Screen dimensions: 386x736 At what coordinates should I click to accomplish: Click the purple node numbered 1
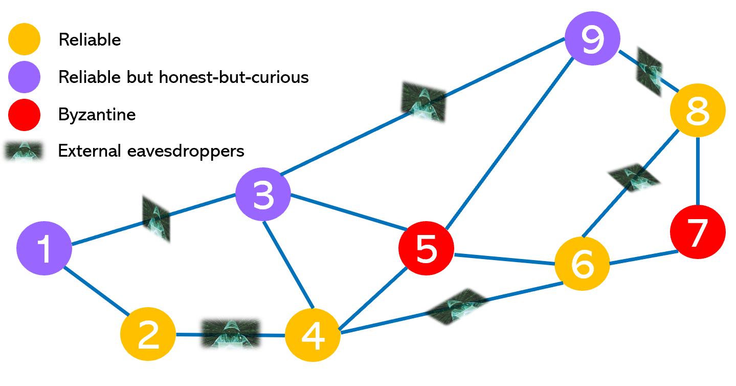[44, 248]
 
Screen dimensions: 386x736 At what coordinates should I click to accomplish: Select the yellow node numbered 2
[148, 334]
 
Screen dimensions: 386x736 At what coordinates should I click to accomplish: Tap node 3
[263, 194]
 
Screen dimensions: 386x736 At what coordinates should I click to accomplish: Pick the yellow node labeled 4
[313, 335]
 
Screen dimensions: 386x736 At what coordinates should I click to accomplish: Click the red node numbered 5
[426, 248]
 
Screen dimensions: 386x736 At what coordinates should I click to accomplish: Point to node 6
[582, 264]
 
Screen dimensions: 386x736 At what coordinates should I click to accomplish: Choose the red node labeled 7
[698, 231]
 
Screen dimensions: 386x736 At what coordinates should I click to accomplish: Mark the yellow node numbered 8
[698, 110]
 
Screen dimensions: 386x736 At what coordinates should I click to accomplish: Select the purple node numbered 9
[592, 38]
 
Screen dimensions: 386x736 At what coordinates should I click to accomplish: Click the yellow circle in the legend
[24, 39]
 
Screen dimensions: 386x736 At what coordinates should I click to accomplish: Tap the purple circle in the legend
[24, 77]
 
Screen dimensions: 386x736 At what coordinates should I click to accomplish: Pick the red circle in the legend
[24, 115]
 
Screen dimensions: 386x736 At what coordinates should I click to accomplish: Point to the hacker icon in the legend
[24, 152]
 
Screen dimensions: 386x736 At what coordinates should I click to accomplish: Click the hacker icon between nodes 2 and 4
[231, 334]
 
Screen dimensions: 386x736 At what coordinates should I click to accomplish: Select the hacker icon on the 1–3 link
[156, 220]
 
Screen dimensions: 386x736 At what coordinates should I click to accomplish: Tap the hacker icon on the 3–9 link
[424, 101]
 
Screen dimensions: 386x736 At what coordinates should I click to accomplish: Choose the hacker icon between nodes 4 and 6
[458, 307]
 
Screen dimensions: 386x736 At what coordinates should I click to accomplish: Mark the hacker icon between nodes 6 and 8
[634, 178]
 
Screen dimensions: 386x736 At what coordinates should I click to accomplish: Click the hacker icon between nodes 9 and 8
[649, 71]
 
